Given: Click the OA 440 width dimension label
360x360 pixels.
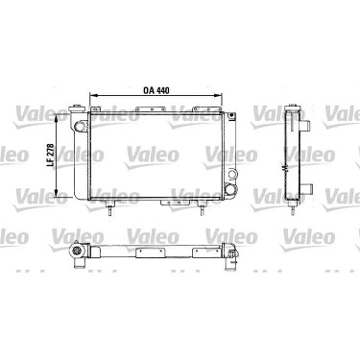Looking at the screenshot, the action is tap(156, 90).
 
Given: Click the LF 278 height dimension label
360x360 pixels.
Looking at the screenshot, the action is tap(50, 156).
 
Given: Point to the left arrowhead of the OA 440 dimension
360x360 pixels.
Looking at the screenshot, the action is tap(92, 95).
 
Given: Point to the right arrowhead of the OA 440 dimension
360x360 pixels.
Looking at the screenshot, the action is tap(219, 95).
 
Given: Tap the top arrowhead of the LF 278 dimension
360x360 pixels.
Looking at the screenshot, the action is tap(57, 116).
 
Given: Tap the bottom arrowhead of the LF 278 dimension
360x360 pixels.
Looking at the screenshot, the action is tap(57, 193).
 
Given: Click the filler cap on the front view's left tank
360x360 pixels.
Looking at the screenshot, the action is tap(77, 107).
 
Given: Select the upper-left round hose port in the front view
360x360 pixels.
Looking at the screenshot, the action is tap(79, 126).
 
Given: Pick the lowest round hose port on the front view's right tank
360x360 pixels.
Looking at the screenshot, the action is tap(229, 189).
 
